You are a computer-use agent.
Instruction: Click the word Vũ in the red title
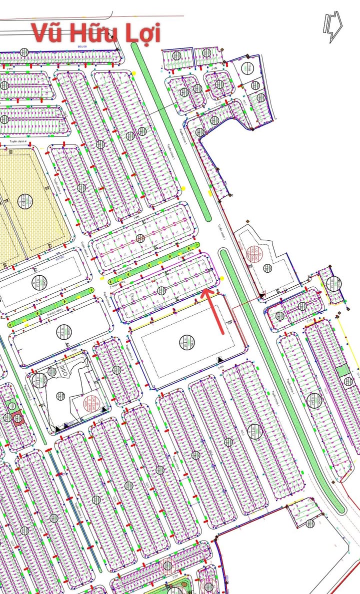[49, 33]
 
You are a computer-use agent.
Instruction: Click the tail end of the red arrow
[223, 332]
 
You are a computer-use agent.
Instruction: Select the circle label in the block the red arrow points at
[160, 291]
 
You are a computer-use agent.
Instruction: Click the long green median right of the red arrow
[280, 380]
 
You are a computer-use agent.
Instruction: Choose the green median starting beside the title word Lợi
[170, 130]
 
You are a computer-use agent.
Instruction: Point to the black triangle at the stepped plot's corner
[261, 297]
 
